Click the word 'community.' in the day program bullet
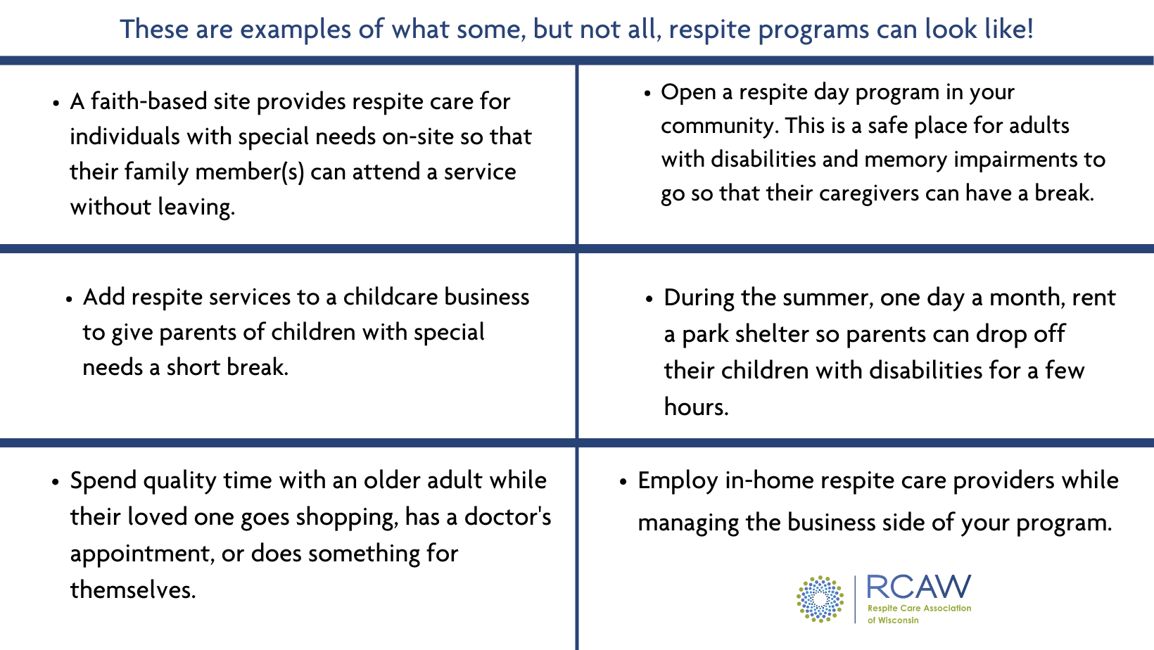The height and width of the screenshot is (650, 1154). click(x=718, y=126)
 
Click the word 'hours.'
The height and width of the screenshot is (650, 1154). click(x=696, y=407)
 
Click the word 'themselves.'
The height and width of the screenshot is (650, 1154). click(x=132, y=590)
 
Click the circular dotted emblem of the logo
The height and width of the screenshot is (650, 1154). click(x=820, y=599)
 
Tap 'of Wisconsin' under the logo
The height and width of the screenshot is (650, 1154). click(x=893, y=620)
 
